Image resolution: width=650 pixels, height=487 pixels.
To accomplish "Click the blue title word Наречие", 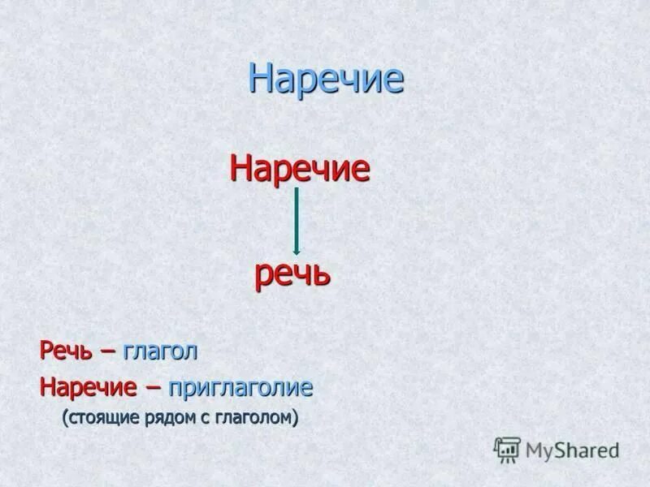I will [326, 79].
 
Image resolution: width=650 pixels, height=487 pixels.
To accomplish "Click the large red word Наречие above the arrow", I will [300, 169].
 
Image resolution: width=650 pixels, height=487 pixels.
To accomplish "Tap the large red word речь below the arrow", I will [292, 274].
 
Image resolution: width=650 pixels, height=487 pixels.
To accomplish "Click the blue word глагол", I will [161, 352].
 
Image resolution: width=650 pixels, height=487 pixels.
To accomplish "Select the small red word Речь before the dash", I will [67, 352].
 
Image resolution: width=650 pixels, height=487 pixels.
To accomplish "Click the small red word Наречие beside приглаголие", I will [88, 387].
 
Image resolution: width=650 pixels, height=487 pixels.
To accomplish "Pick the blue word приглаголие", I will [240, 388].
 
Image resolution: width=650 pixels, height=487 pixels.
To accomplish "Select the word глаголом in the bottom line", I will [257, 419].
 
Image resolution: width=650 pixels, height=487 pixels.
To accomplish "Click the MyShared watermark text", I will [572, 450].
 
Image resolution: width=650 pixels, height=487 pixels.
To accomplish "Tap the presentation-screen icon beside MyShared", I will [507, 449].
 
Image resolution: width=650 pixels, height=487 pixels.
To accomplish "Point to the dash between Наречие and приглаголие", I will [153, 387].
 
